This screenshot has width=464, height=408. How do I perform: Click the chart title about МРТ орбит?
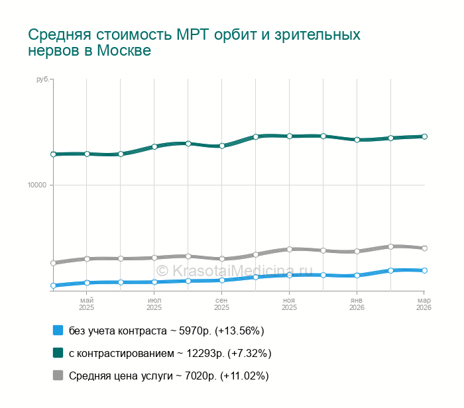(194, 42)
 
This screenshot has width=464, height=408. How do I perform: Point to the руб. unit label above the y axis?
(42, 80)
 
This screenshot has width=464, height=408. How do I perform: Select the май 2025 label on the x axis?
(87, 304)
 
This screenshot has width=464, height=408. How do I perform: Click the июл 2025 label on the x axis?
(154, 304)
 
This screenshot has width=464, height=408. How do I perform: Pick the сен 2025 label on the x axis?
(221, 304)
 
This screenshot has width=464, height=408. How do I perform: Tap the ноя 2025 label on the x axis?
(289, 304)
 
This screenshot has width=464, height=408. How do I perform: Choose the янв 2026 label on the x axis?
(357, 304)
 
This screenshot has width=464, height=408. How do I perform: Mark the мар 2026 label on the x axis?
(424, 304)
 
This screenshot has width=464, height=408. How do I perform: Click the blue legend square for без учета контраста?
(58, 330)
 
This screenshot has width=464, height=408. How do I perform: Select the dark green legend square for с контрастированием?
(58, 352)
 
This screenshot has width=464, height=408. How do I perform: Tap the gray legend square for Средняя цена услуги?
(58, 376)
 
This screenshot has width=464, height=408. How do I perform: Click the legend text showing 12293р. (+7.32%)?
(170, 353)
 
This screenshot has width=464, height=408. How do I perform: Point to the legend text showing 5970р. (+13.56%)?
(166, 331)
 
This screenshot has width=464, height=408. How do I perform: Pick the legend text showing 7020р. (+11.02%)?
(168, 376)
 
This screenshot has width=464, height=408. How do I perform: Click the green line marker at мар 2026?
(424, 136)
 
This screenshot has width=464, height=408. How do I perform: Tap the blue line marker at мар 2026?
(424, 270)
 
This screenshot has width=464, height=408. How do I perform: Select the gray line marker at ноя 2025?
(289, 249)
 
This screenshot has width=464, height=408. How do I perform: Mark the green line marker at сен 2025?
(222, 146)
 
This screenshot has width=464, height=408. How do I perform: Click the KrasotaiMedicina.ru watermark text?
(233, 270)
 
